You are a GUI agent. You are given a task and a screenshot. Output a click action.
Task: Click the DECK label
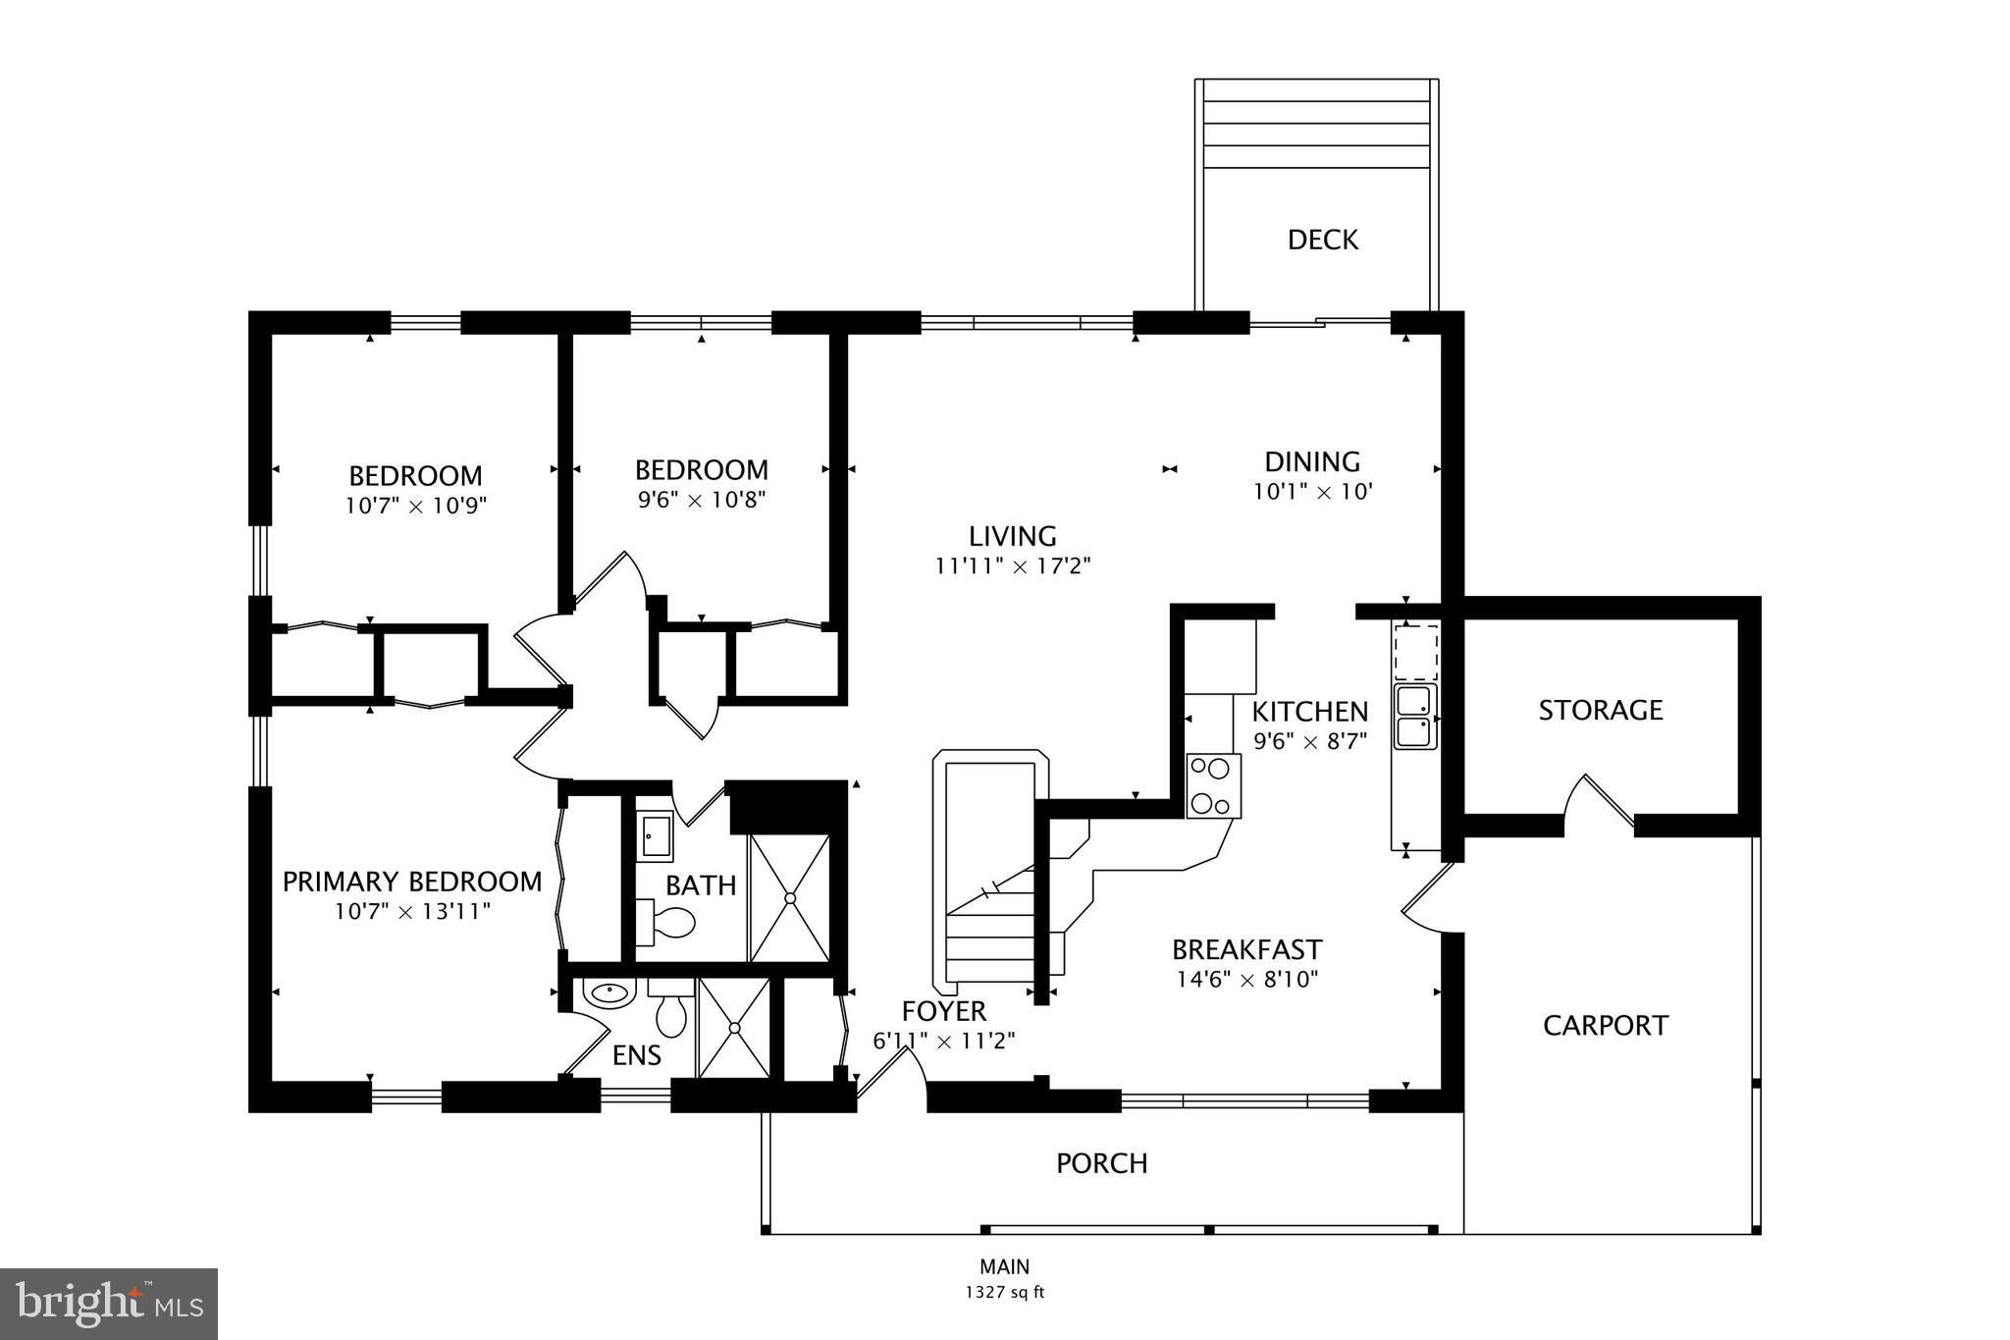pos(1322,240)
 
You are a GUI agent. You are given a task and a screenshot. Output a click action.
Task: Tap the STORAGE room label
pos(1600,710)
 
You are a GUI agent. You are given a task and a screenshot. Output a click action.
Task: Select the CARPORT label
pos(1605,1025)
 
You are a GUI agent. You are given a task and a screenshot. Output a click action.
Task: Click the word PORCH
pos(1101,1163)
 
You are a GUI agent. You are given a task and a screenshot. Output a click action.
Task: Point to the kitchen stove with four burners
pos(1213,785)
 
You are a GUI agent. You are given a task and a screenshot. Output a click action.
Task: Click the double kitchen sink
pos(1415,717)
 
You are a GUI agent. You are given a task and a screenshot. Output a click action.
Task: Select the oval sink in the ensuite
pos(608,992)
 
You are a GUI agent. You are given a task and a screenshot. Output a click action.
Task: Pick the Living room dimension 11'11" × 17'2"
pos(1013,566)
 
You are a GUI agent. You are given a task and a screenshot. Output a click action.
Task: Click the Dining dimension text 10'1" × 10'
pos(1311,492)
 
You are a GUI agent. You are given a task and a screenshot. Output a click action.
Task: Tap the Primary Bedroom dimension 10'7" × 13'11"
pos(412,911)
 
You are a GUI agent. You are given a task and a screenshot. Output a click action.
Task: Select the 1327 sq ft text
pos(1004,1292)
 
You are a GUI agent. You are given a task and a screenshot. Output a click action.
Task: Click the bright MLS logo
pos(109,1304)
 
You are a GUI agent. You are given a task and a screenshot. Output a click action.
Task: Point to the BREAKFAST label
pos(1246,949)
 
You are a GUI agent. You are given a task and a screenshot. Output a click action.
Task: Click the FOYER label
pos(944,1010)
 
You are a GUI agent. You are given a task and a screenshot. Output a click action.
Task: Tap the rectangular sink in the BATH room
pos(654,836)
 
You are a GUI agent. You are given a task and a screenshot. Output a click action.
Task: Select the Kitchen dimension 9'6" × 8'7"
pos(1309,741)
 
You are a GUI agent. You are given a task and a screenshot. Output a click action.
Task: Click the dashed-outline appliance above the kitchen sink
pos(1415,652)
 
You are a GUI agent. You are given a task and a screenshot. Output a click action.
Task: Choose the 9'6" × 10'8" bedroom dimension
pos(701,500)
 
